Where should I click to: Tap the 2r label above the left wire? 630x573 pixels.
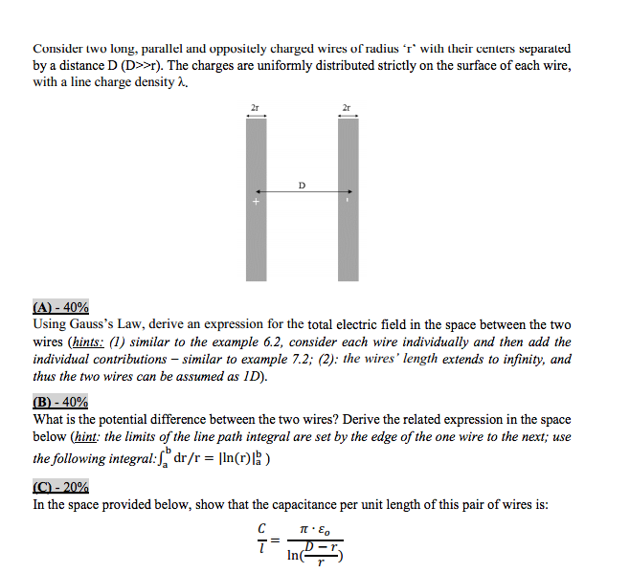coord(255,108)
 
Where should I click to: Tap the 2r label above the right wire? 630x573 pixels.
coord(348,108)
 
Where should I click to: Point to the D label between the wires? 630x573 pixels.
coord(302,184)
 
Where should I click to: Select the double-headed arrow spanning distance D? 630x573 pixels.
coord(302,193)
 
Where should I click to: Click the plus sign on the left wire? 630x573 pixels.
coord(256,203)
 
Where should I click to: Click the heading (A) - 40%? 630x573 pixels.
coord(61,308)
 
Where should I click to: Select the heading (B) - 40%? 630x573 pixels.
coord(61,403)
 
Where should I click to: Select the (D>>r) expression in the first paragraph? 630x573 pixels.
coord(140,65)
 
